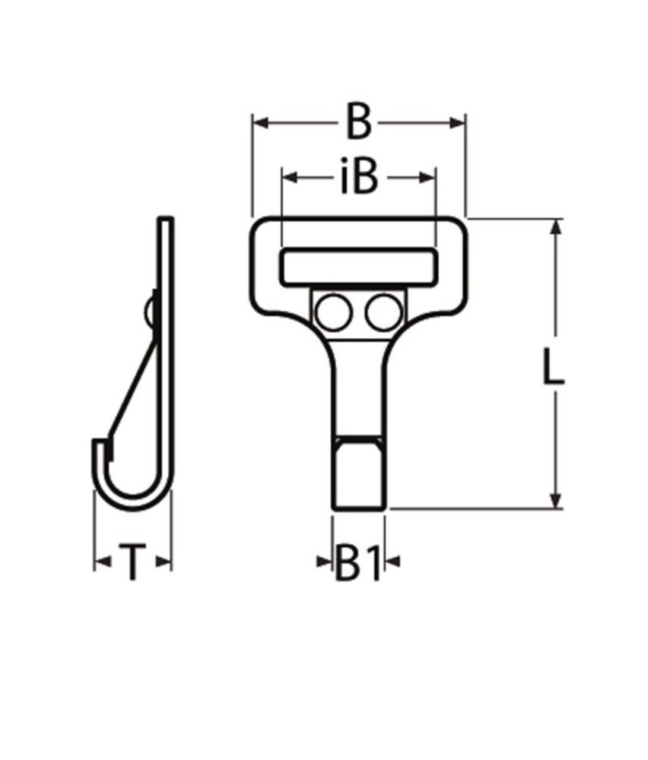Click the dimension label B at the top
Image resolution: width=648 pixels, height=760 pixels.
(x=358, y=123)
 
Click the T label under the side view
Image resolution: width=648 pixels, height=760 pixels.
(x=132, y=564)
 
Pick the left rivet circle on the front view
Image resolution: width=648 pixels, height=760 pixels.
(x=332, y=312)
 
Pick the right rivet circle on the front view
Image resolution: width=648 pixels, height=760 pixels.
(x=382, y=312)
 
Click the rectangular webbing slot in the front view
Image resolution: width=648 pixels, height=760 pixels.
(x=359, y=267)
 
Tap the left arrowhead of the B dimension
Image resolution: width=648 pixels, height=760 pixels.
(x=259, y=122)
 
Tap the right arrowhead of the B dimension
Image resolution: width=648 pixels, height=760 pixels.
(x=459, y=122)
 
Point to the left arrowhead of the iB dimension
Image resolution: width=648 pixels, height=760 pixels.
(x=289, y=178)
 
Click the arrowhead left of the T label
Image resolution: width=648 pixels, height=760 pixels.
(x=100, y=563)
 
